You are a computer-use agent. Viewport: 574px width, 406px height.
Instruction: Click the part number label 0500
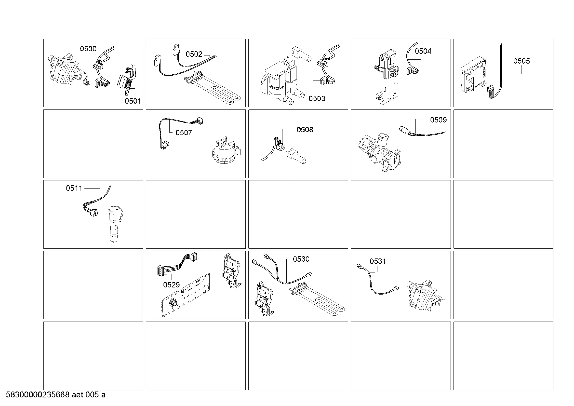coord(88,49)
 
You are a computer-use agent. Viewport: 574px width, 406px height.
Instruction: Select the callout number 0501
coord(133,101)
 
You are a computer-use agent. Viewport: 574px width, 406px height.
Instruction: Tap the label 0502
coord(194,54)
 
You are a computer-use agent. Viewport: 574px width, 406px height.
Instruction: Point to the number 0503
coord(317,98)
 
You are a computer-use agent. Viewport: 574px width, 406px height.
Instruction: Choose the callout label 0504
coord(423,51)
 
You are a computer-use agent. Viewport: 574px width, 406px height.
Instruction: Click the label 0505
coord(521,61)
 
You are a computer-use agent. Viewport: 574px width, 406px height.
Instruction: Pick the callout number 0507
coord(184,133)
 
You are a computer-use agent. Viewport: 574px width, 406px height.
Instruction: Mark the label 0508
coord(305,130)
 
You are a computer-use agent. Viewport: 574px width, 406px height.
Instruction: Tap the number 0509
coord(439,120)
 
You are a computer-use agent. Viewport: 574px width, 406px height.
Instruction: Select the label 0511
coord(74,188)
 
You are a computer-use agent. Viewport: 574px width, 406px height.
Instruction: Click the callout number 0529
coord(172,285)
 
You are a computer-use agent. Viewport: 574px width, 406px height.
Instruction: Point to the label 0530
coord(301,259)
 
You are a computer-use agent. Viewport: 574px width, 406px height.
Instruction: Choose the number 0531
coord(378,261)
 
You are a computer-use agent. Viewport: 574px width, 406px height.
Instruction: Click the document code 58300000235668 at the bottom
coord(38,395)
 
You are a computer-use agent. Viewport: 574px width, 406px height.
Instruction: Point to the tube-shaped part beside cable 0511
coord(115,224)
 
